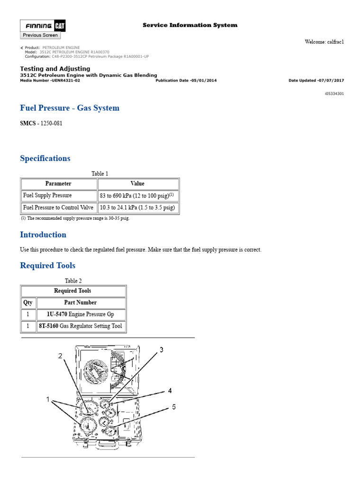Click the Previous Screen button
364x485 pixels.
40,35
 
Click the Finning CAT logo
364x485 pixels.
40,26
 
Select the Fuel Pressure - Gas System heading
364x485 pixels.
70,108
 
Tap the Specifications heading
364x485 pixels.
45,158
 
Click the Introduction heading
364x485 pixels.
43,234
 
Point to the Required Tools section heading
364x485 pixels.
47,265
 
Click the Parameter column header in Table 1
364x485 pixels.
58,184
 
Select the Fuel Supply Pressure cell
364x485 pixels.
47,195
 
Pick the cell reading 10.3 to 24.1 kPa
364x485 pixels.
137,207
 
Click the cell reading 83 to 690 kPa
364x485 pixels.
137,195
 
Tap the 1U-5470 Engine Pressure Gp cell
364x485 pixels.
80,314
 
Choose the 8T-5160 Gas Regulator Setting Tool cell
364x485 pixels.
80,326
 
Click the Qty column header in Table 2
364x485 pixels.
28,302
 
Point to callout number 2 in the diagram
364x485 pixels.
60,356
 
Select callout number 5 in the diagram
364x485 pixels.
174,406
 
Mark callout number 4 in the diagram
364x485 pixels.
169,391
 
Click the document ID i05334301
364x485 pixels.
334,94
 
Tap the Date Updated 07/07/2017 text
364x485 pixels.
316,81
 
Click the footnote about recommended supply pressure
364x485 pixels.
75,218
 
